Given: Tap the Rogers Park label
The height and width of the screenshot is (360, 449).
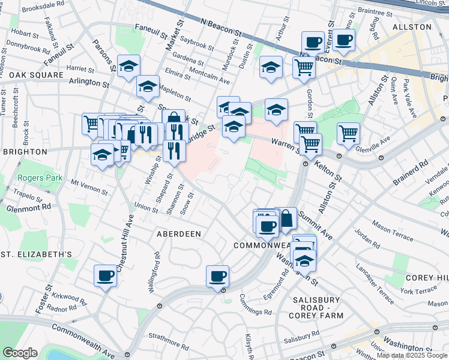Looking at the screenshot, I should click(x=40, y=178).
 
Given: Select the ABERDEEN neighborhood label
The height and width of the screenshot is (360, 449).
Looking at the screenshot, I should click(x=179, y=234).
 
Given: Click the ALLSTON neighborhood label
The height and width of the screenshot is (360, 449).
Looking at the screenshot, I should click(x=412, y=27).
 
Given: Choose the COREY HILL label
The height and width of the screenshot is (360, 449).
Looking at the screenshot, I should click(x=427, y=278).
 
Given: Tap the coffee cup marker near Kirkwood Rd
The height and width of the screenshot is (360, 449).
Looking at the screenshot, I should click(x=106, y=276).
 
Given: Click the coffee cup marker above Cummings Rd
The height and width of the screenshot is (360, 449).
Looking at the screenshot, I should click(x=217, y=276).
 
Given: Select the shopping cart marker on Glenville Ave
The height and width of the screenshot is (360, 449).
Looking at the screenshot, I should click(x=348, y=134).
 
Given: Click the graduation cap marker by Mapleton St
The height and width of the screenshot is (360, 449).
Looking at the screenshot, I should click(x=148, y=86).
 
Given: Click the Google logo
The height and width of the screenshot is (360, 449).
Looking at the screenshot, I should click(x=20, y=353).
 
